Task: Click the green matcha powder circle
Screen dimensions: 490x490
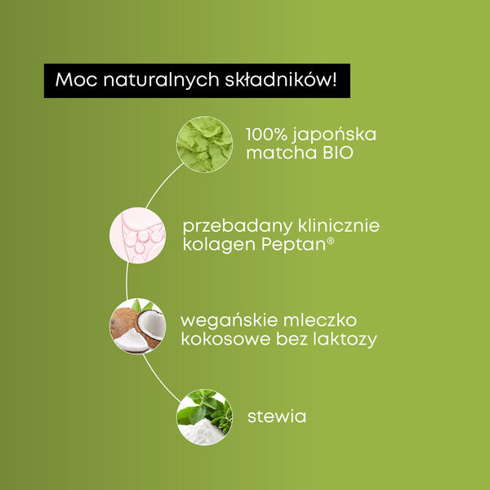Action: pos(205,145)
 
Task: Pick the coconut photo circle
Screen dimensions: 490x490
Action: pos(137,326)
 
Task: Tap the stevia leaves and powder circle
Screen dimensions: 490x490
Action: pos(204,416)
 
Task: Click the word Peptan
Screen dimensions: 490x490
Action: pos(286,245)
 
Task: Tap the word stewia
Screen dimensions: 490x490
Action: pos(276,416)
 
